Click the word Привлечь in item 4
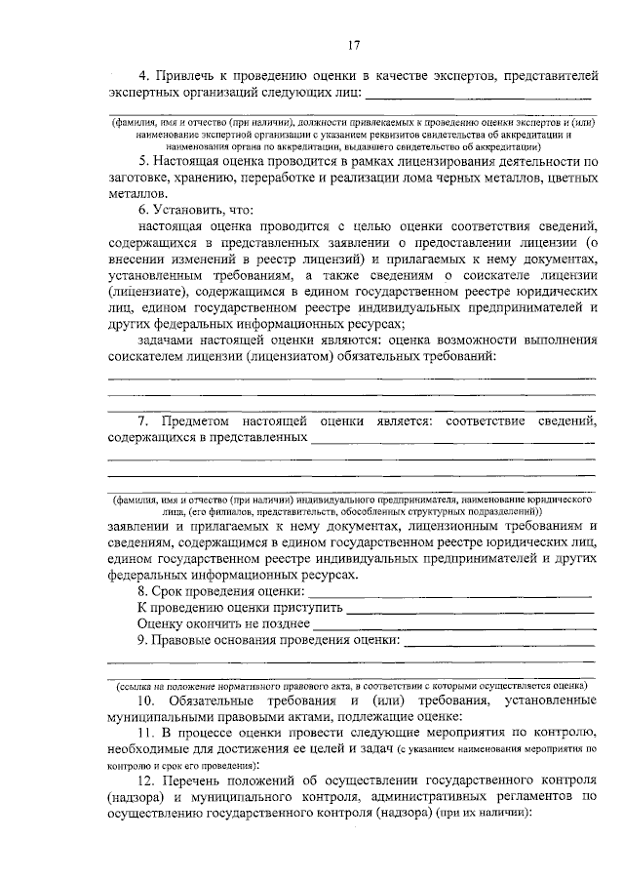point(183,75)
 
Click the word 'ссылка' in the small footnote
point(133,685)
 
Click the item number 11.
point(146,733)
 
